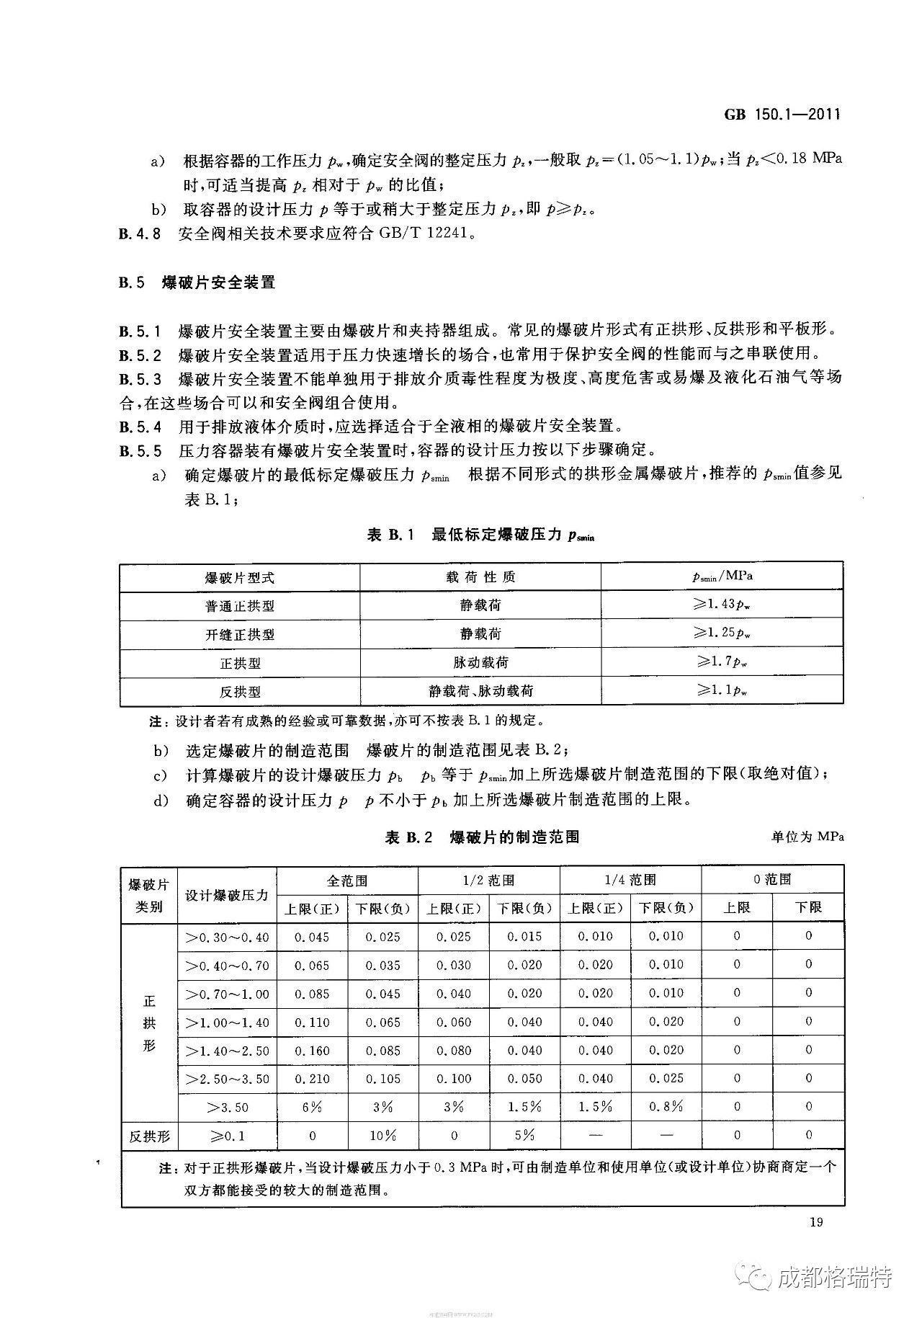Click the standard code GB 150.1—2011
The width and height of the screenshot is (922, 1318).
(x=781, y=115)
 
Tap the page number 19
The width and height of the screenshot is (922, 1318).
(x=816, y=1221)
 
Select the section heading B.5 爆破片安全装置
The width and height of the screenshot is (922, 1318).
(x=197, y=282)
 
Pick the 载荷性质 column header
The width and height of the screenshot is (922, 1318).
(x=480, y=577)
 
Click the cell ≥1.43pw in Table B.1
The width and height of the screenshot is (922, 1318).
(x=722, y=605)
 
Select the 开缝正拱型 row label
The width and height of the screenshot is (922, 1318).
(x=240, y=635)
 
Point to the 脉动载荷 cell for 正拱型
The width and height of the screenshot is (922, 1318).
(x=480, y=662)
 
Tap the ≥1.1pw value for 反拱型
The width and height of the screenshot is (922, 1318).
(x=722, y=690)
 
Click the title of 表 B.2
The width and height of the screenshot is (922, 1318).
(x=482, y=837)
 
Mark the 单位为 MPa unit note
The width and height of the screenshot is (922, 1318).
(x=807, y=837)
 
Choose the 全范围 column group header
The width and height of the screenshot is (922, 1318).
(x=347, y=880)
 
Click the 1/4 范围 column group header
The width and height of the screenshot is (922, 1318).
(x=630, y=880)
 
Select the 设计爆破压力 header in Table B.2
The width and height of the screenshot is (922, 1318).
(x=227, y=894)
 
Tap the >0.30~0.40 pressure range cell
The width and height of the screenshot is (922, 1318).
(x=227, y=937)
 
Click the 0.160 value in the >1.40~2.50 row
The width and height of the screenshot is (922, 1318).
(x=312, y=1051)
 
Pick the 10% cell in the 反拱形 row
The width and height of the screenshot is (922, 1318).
(x=382, y=1136)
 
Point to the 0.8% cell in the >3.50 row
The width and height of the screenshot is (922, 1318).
(x=666, y=1107)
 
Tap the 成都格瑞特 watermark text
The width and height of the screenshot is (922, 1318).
(x=836, y=1278)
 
